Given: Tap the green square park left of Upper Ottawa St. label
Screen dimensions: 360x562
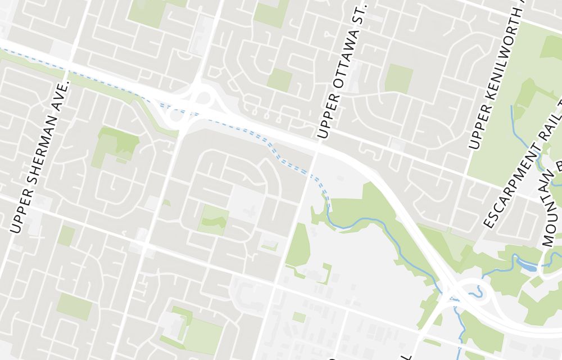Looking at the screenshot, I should click(x=279, y=80).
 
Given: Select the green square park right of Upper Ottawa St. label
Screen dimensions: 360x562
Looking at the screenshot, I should click(x=398, y=78).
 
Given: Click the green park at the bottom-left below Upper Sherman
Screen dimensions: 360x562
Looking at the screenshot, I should click(x=74, y=306).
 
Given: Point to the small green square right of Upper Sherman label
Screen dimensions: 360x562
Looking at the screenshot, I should click(x=66, y=235).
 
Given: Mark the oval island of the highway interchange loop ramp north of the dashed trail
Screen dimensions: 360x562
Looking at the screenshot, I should click(x=203, y=98).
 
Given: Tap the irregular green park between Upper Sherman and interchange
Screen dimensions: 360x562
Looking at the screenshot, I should click(x=117, y=143).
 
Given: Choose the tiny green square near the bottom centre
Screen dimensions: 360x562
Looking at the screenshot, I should click(x=299, y=317).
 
